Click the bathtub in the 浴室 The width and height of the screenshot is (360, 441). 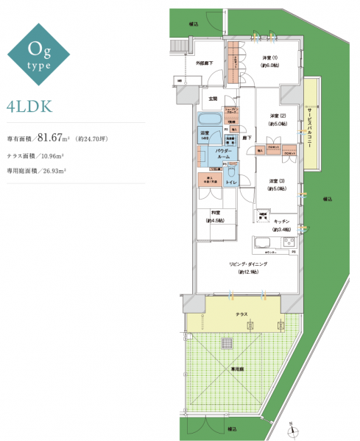211,120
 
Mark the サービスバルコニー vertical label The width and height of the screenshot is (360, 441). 310,124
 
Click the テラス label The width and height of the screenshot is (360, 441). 242,314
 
